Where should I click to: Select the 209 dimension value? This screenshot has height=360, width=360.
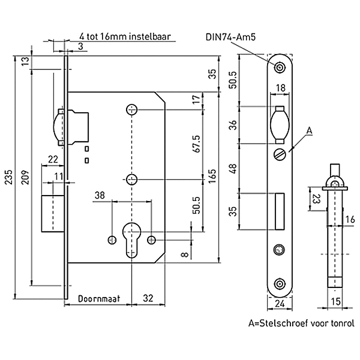[24, 179]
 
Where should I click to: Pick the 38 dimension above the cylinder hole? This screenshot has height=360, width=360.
[100, 194]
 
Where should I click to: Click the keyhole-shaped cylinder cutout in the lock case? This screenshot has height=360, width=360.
[131, 238]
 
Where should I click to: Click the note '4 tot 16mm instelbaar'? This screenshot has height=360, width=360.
[125, 37]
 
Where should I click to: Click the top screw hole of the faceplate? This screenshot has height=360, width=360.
[280, 67]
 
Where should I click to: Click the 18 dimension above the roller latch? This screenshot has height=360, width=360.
[280, 88]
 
